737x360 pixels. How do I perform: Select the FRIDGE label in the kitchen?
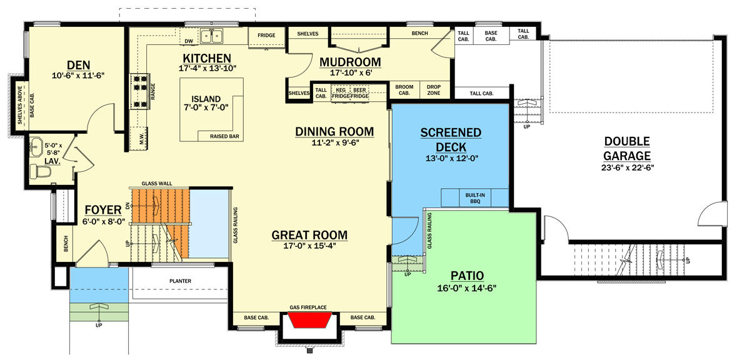[266, 36]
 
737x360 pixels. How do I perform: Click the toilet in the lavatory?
[39, 171]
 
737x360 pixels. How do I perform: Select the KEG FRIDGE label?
[341, 93]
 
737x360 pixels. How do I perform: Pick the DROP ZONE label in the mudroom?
[433, 90]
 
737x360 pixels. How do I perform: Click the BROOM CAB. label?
[404, 90]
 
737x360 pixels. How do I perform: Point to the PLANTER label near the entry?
[180, 281]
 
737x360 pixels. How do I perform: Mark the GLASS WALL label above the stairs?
[157, 184]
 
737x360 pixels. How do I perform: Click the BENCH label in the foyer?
[66, 244]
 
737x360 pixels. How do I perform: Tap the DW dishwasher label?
[188, 42]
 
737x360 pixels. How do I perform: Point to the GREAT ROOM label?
[309, 235]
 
